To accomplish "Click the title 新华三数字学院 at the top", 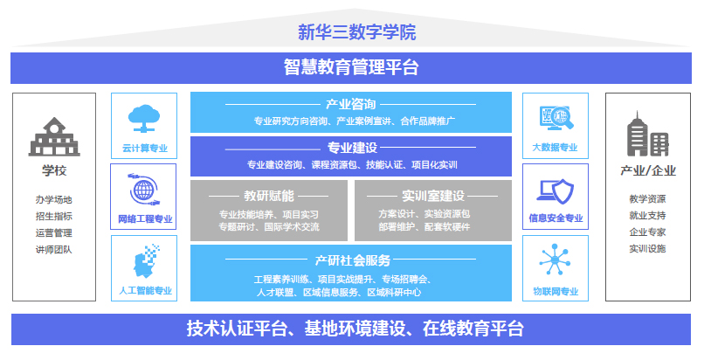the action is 357,32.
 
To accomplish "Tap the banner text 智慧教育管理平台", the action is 351,67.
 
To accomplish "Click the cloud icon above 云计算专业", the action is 144,119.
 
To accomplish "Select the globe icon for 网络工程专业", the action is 143,190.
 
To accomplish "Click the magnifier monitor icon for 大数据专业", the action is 556,118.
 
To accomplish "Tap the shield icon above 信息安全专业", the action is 556,191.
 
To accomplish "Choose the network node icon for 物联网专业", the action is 555,260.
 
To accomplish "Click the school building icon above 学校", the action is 54,137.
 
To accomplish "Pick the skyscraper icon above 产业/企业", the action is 648,134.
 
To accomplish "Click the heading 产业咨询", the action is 350,104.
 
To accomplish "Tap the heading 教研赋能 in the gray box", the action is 269,196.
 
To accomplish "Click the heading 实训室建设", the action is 433,196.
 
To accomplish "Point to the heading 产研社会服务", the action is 353,260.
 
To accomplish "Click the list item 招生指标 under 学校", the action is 54,217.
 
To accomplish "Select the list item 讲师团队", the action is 54,250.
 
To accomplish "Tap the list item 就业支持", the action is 647,216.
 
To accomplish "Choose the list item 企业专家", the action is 647,232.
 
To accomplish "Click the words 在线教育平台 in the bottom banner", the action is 473,329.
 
